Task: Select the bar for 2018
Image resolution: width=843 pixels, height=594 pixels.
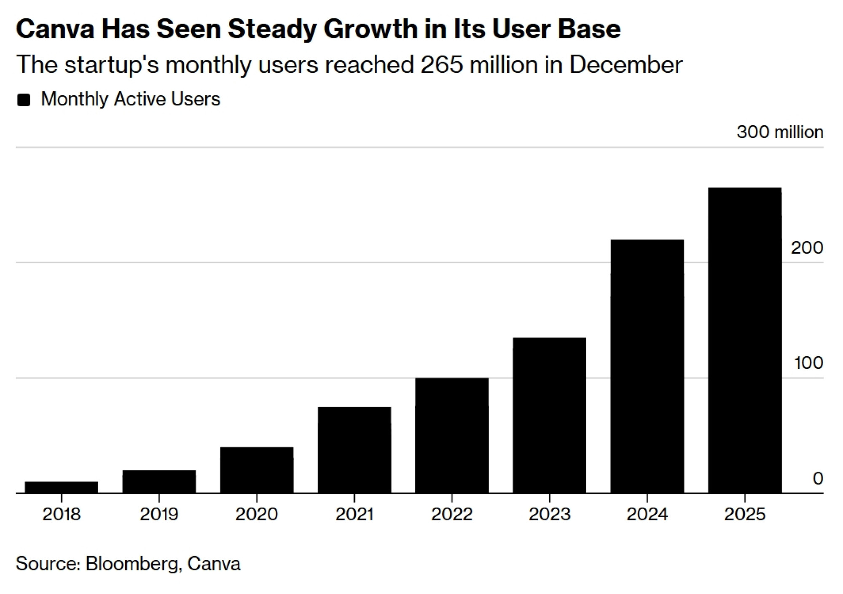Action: pos(62,487)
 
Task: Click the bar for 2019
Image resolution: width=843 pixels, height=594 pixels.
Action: pos(159,481)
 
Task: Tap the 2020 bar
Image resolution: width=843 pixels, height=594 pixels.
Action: pos(257,470)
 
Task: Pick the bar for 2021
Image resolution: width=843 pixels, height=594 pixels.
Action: pos(354,450)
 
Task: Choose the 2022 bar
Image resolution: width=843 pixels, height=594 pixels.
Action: pos(452,435)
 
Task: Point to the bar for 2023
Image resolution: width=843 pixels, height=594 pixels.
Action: pos(549,415)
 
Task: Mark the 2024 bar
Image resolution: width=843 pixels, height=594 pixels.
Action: pos(647,366)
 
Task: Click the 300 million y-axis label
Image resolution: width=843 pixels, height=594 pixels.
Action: pos(780,132)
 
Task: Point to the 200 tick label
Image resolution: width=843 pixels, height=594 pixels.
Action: pos(807,248)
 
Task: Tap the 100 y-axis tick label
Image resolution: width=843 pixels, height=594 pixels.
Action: pos(808,363)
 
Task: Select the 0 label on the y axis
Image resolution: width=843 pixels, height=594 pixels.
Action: pos(818,478)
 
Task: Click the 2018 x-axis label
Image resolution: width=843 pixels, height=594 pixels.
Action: pos(62,514)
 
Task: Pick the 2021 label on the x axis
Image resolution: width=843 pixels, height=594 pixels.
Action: pos(354,514)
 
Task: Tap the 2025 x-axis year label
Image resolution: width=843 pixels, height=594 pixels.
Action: pos(745,514)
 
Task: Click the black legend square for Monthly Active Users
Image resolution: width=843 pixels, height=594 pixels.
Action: pos(24,100)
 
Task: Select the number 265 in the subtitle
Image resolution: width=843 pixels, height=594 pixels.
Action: pos(442,65)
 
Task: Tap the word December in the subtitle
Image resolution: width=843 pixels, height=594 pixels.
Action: pos(626,65)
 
